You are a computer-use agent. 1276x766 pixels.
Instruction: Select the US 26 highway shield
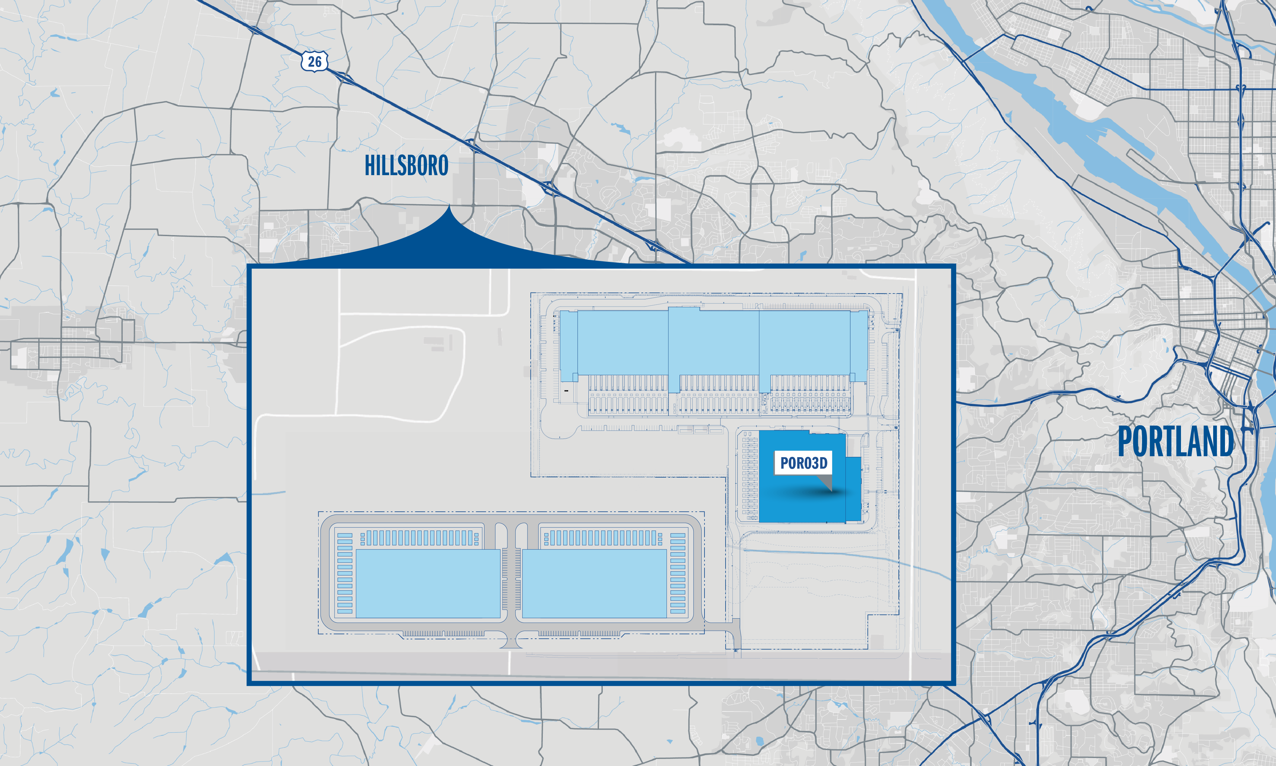[x=314, y=62]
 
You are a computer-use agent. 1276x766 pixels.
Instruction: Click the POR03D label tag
[x=803, y=463]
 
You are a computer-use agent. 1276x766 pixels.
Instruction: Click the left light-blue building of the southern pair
[x=428, y=583]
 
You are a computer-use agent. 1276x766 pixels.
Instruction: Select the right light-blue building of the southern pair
[x=594, y=583]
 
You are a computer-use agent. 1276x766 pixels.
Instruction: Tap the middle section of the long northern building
[x=714, y=343]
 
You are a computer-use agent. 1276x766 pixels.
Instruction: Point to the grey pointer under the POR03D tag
[x=826, y=483]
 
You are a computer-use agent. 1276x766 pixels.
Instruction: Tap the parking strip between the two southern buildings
[x=511, y=583]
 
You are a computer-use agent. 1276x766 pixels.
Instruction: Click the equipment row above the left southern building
[x=419, y=538]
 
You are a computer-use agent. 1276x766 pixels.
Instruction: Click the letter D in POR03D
[x=823, y=463]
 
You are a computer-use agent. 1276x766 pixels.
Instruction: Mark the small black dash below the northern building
[x=566, y=391]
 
